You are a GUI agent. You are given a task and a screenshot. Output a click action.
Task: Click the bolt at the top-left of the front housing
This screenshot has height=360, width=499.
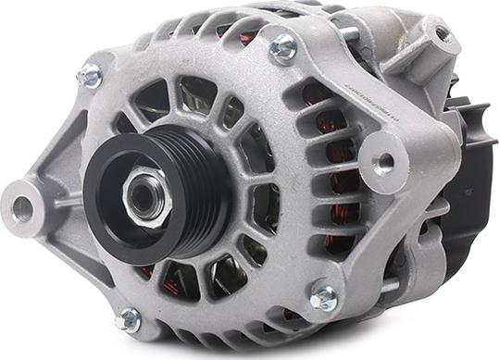point(89,75)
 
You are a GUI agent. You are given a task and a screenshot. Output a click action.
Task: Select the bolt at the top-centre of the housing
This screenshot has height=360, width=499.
point(283,46)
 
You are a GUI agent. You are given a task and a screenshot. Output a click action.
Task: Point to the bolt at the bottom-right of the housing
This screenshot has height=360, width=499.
point(323,297)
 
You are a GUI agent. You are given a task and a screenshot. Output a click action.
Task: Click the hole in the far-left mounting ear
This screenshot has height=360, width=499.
point(22,206)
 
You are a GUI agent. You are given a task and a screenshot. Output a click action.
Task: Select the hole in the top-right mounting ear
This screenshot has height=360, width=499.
point(444,35)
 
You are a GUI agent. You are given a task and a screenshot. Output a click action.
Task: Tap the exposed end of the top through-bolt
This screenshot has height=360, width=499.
point(349,35)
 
